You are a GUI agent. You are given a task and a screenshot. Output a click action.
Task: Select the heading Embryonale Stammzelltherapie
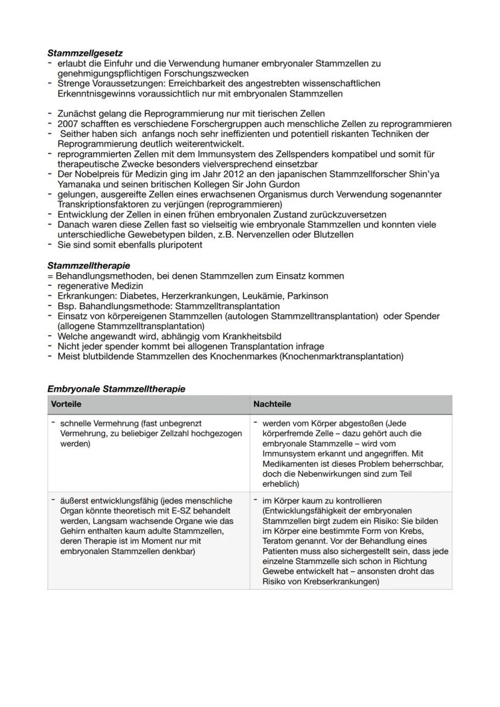(116, 389)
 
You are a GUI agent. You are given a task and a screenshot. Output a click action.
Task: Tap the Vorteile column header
(66, 404)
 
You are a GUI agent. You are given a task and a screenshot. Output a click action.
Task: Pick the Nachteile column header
(272, 404)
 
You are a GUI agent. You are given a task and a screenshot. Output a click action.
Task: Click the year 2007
(67, 123)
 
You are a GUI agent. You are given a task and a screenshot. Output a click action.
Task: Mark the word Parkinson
(308, 296)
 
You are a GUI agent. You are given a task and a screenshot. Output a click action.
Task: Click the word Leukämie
(264, 296)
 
